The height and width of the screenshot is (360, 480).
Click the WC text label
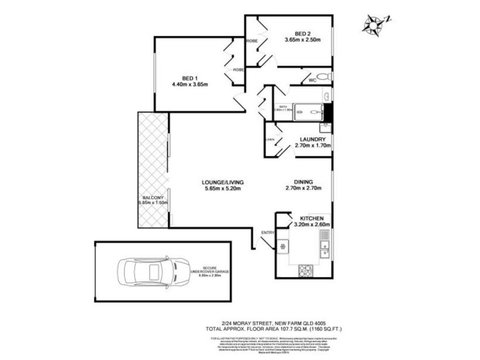312,80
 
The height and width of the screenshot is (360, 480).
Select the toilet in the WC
323,77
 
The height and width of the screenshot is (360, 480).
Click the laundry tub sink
325,127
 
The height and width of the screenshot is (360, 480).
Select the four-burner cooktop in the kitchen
306,269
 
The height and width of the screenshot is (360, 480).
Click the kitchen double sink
325,247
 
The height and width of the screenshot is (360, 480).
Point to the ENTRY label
267,232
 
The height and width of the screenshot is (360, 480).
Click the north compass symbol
374,23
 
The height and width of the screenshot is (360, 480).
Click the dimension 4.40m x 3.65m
189,84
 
